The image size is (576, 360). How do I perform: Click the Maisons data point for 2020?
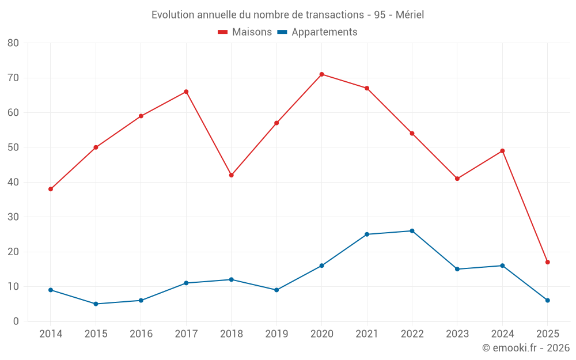click(321, 74)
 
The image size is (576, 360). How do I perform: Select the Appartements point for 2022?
click(412, 231)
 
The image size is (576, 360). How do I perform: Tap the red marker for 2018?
click(231, 175)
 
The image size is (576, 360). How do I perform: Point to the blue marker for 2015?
click(96, 304)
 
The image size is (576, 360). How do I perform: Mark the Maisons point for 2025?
click(547, 262)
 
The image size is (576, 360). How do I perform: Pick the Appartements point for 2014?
click(51, 290)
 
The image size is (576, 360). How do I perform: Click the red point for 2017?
click(186, 92)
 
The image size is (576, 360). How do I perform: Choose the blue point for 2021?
click(367, 234)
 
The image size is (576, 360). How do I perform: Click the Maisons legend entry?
click(245, 32)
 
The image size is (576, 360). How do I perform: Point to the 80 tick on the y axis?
click(13, 43)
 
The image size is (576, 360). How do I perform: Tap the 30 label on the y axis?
click(13, 217)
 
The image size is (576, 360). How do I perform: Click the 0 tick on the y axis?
click(16, 321)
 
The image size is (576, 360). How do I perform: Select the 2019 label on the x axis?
click(276, 334)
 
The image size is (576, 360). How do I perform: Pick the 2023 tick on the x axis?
click(457, 334)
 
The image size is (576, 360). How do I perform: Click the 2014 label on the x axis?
click(51, 334)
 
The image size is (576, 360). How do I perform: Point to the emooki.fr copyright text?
click(526, 348)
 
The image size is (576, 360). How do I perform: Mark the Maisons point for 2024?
click(502, 151)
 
